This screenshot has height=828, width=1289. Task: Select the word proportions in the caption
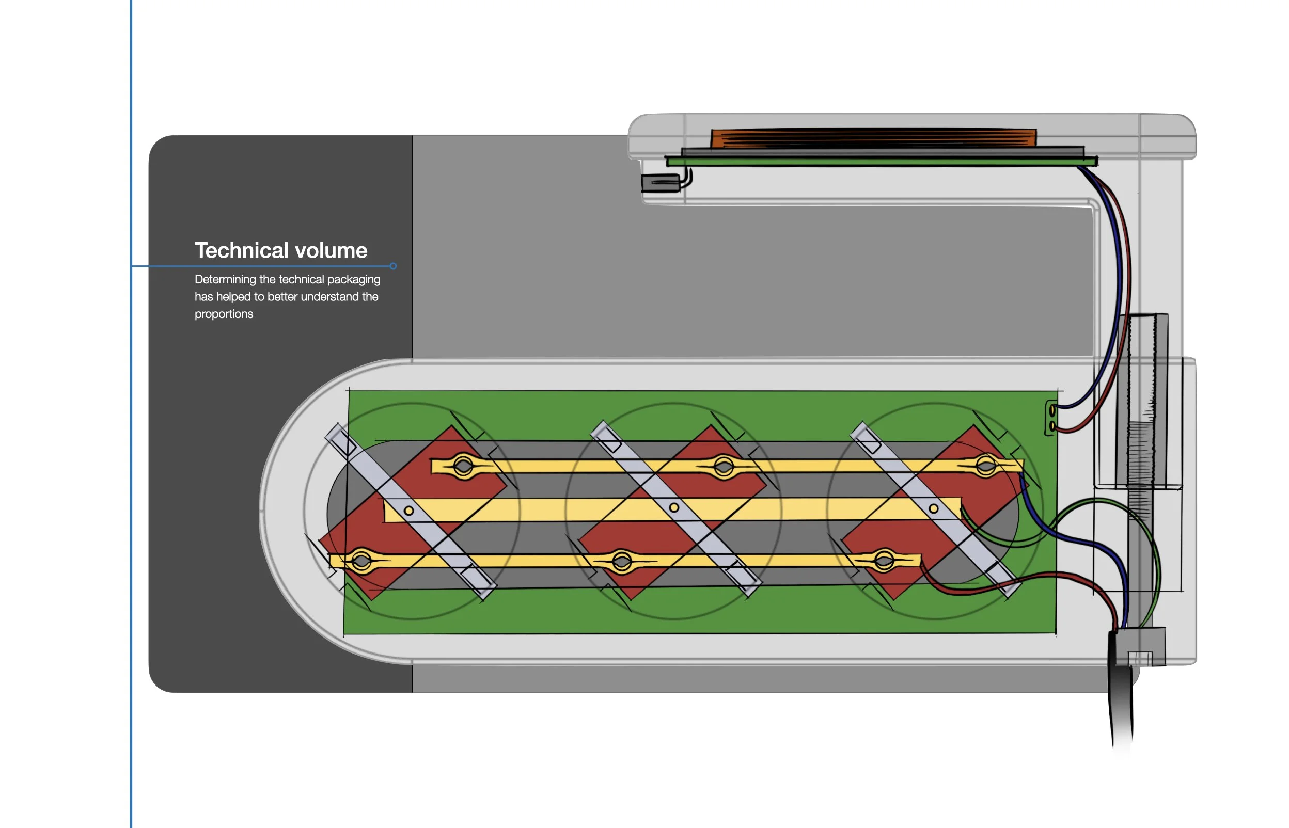click(224, 314)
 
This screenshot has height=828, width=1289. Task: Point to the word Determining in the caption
click(225, 280)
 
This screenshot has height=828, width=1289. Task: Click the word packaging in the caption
click(353, 280)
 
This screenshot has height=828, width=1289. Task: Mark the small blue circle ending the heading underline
click(393, 266)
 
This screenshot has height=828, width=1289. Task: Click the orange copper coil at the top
click(873, 138)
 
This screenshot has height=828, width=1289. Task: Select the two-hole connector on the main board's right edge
click(1051, 418)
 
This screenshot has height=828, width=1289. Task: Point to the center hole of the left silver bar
click(408, 511)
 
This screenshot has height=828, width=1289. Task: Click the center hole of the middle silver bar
click(674, 507)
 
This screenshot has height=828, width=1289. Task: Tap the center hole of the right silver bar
click(934, 508)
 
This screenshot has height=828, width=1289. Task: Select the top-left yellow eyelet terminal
click(463, 466)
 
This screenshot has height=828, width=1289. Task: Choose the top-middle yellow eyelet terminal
click(724, 466)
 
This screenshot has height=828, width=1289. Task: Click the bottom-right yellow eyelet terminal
click(884, 561)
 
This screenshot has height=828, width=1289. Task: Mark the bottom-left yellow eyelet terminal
click(361, 561)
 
